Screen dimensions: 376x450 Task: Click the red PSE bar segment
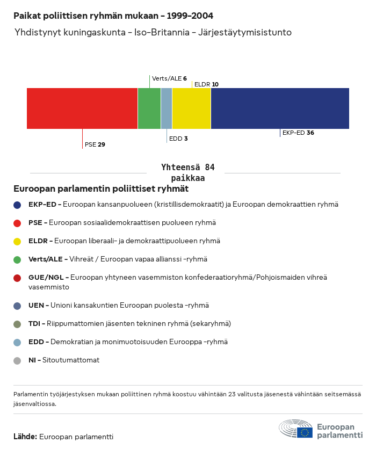(x=82, y=108)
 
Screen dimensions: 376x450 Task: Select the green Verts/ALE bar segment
(x=149, y=108)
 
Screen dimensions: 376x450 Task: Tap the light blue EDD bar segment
(x=167, y=108)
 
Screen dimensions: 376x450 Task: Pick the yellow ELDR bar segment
(x=191, y=108)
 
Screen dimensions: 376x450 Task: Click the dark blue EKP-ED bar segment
(x=280, y=108)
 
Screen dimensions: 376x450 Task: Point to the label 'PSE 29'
(x=95, y=144)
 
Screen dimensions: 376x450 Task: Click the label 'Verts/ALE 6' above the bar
(x=169, y=78)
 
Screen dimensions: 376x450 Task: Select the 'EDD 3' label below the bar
(x=178, y=139)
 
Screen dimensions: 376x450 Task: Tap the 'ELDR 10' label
(x=206, y=84)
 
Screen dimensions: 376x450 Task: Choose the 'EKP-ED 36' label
(x=298, y=133)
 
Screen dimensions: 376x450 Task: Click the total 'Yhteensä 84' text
(x=188, y=167)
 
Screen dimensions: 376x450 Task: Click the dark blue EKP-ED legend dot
(x=17, y=205)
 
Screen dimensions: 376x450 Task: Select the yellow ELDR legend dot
(x=17, y=241)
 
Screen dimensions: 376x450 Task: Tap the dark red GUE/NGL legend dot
(x=17, y=278)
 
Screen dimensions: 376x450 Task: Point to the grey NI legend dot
(x=17, y=361)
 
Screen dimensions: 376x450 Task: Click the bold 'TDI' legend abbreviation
(x=34, y=324)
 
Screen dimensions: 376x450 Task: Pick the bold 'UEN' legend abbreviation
(x=36, y=306)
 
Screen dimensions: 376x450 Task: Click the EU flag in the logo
(x=305, y=432)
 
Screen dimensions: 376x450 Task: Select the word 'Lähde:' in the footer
(x=25, y=437)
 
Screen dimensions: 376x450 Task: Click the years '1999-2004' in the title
(x=190, y=16)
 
